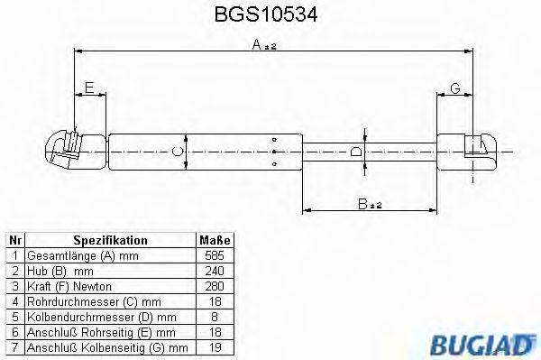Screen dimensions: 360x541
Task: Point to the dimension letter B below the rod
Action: (x=362, y=205)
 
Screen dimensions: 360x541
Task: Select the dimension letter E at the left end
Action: (x=88, y=87)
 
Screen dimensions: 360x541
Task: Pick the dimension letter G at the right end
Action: (x=455, y=87)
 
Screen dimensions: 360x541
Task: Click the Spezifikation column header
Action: (x=110, y=241)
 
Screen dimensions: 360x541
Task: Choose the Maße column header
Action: (x=215, y=241)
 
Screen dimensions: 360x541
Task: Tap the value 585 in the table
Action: (x=215, y=255)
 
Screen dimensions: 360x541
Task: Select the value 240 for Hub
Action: (x=215, y=270)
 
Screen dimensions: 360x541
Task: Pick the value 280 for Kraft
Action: (x=215, y=285)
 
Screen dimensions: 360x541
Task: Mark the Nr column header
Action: (x=14, y=241)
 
